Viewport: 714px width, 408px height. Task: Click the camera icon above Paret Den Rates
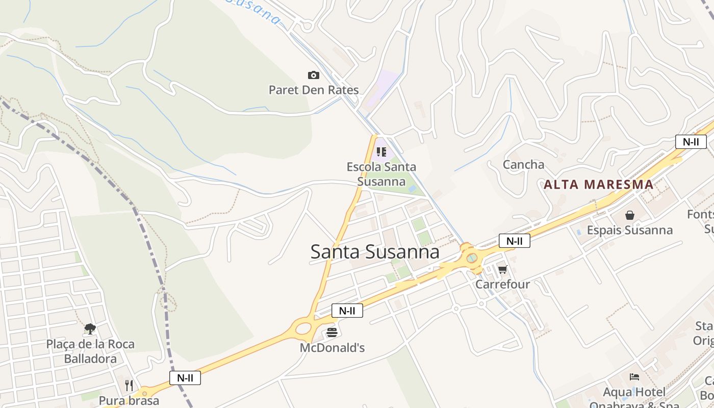pyautogui.click(x=314, y=75)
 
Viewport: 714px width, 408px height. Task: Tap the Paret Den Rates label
pyautogui.click(x=314, y=90)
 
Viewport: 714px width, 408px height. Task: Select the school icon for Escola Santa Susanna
pyautogui.click(x=381, y=151)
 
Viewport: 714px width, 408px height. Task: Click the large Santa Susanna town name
pyautogui.click(x=375, y=252)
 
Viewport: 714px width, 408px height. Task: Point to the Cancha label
pyautogui.click(x=523, y=165)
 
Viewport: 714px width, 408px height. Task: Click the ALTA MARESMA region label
pyautogui.click(x=598, y=185)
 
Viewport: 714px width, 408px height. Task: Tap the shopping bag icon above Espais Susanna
pyautogui.click(x=630, y=215)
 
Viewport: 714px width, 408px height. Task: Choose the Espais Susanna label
pyautogui.click(x=630, y=230)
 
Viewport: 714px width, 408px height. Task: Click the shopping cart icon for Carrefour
pyautogui.click(x=503, y=269)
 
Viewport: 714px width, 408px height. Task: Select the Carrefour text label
pyautogui.click(x=503, y=284)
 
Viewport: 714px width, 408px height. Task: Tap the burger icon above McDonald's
pyautogui.click(x=332, y=333)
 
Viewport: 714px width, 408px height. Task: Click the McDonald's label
pyautogui.click(x=332, y=348)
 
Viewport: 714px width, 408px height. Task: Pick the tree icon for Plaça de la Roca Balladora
pyautogui.click(x=90, y=329)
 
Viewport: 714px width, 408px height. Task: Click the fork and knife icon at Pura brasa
pyautogui.click(x=129, y=385)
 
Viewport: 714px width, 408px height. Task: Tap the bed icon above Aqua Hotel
pyautogui.click(x=634, y=377)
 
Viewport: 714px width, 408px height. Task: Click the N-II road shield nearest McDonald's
pyautogui.click(x=347, y=311)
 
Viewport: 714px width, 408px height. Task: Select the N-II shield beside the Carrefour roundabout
pyautogui.click(x=515, y=241)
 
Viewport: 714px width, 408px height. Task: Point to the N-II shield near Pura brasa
pyautogui.click(x=185, y=378)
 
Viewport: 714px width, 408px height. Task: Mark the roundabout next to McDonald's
pyautogui.click(x=303, y=327)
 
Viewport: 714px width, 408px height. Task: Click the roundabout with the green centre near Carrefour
pyautogui.click(x=472, y=258)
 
